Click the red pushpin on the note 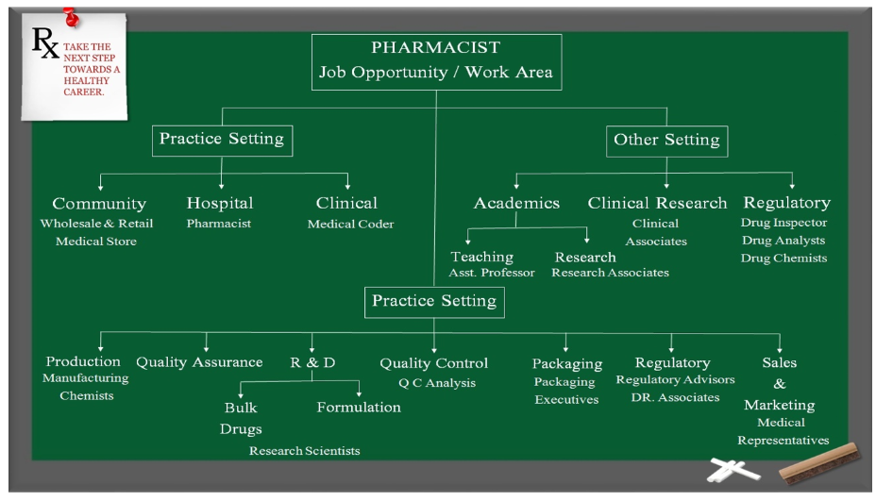pyautogui.click(x=71, y=17)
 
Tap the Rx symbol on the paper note pyautogui.click(x=45, y=42)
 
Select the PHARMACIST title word pyautogui.click(x=436, y=47)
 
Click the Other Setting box pyautogui.click(x=666, y=141)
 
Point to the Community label pyautogui.click(x=99, y=204)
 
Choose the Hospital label pyautogui.click(x=220, y=203)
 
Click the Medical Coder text pyautogui.click(x=350, y=224)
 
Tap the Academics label pyautogui.click(x=516, y=203)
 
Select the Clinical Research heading pyautogui.click(x=657, y=203)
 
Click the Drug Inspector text pyautogui.click(x=783, y=223)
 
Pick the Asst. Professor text pyautogui.click(x=492, y=273)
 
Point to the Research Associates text pyautogui.click(x=610, y=273)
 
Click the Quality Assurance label pyautogui.click(x=199, y=362)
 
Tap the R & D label pyautogui.click(x=312, y=362)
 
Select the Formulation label pyautogui.click(x=359, y=408)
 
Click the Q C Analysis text pyautogui.click(x=437, y=383)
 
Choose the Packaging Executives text pyautogui.click(x=565, y=391)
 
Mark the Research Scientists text pyautogui.click(x=305, y=451)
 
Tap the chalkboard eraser pyautogui.click(x=820, y=462)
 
